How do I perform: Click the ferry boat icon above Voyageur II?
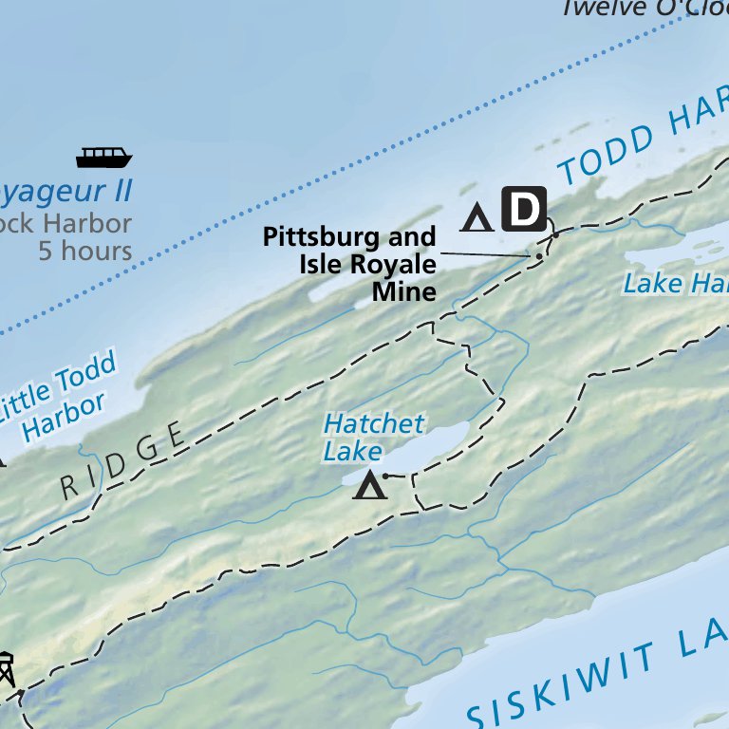tap(103, 157)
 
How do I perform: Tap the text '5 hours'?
tap(85, 251)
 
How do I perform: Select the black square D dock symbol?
tap(524, 209)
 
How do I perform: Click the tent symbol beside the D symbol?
tap(477, 217)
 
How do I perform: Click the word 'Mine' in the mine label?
tap(403, 291)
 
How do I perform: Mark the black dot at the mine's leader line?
tap(539, 256)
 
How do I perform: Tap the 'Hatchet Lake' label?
tap(373, 437)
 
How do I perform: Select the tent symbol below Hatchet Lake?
tap(370, 487)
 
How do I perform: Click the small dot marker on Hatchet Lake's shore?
tap(385, 475)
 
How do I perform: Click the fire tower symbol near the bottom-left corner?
tap(6, 669)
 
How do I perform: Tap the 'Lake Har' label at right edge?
tap(675, 283)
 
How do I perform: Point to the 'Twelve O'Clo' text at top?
tap(644, 9)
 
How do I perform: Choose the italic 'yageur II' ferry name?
tap(65, 191)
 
